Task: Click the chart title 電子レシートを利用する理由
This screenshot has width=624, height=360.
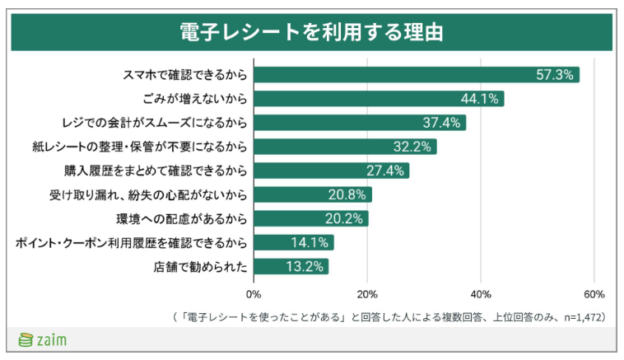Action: point(311,31)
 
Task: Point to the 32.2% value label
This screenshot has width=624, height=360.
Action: point(411,147)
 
